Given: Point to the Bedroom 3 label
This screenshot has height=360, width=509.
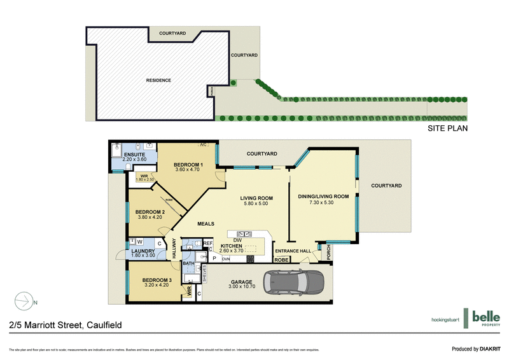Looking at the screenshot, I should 157,280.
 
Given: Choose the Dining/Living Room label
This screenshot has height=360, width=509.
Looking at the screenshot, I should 323,197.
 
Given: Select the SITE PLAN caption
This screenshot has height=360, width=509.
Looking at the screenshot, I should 448,128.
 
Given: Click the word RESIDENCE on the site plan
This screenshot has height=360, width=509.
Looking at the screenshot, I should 158,80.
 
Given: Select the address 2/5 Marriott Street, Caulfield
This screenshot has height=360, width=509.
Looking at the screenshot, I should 66,325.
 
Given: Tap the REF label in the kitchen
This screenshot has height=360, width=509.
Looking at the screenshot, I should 208,242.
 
